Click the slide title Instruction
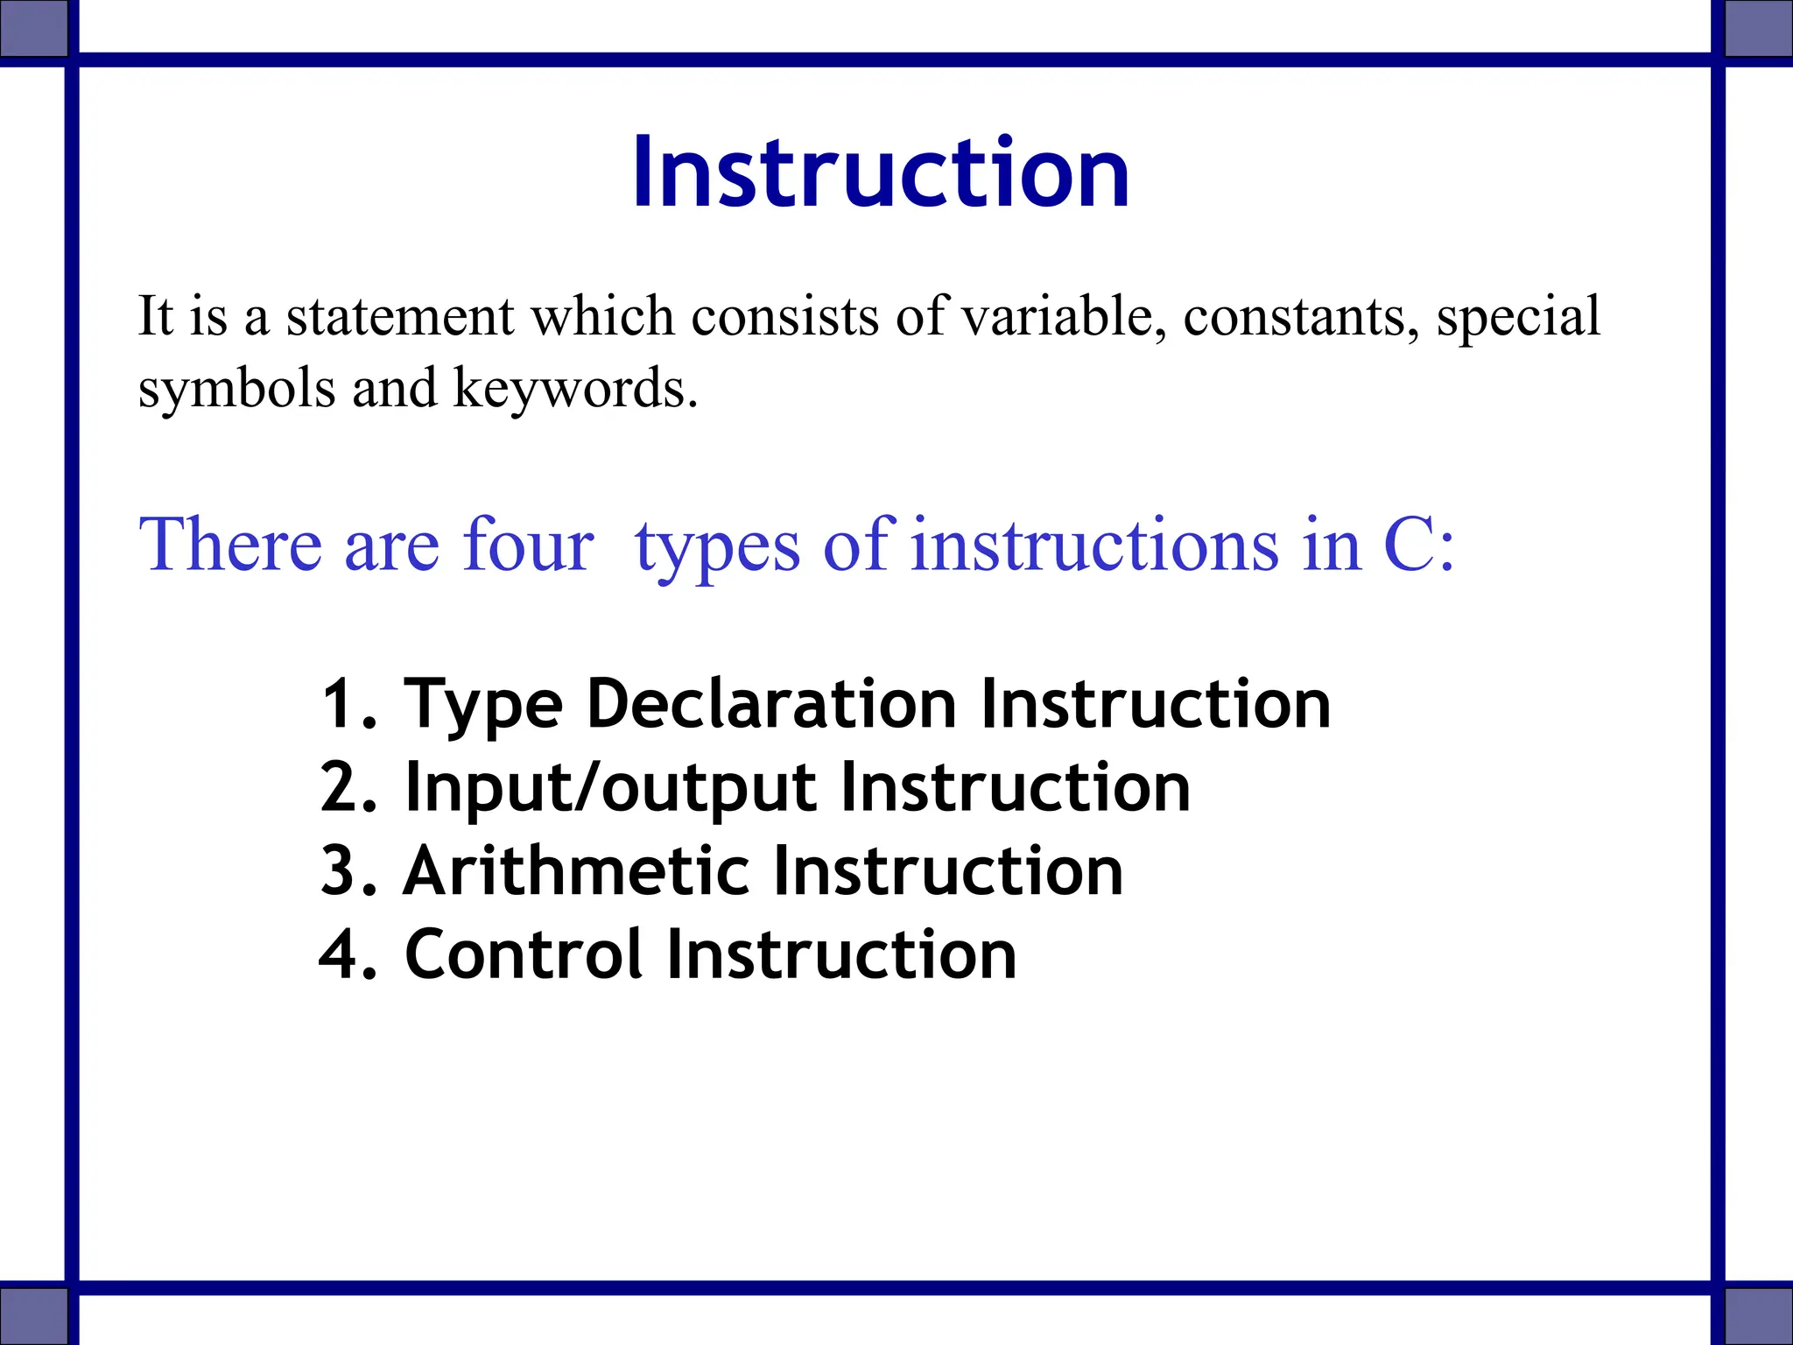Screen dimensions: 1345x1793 click(881, 173)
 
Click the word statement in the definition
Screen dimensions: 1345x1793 click(399, 316)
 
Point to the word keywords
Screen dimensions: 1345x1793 click(575, 388)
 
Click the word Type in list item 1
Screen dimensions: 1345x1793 click(482, 705)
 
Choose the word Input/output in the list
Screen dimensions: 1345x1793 click(611, 788)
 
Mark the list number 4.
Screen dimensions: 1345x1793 click(340, 954)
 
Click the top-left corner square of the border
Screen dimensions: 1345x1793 click(33, 28)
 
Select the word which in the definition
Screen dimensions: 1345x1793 click(603, 316)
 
